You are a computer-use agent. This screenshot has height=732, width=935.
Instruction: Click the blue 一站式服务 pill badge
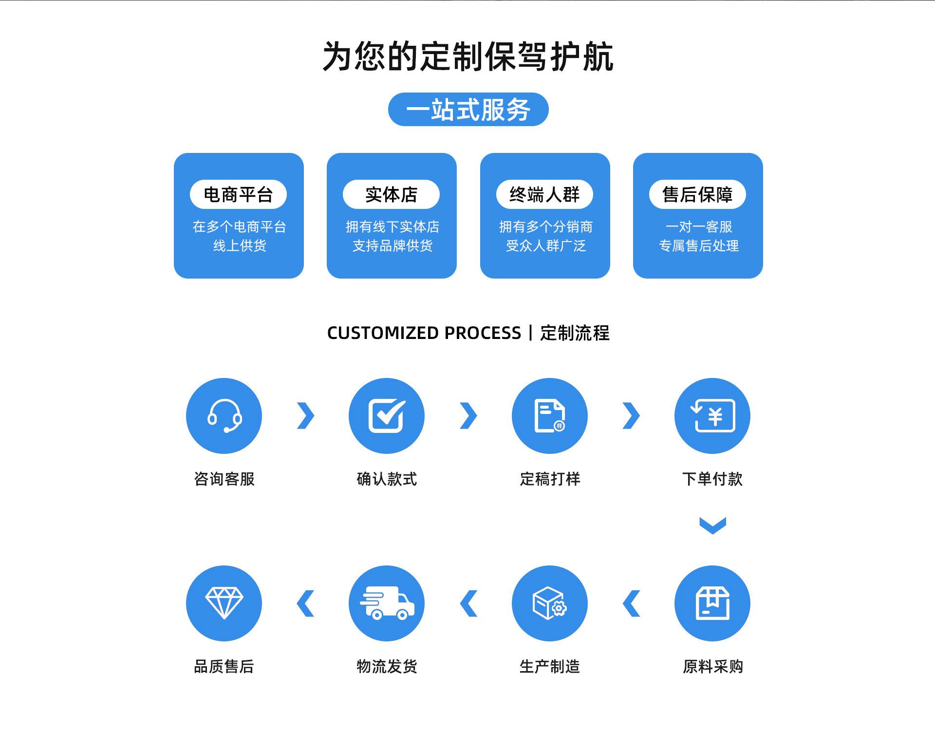(x=468, y=109)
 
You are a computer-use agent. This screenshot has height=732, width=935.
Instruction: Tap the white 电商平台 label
(x=238, y=194)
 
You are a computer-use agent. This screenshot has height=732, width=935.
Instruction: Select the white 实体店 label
(x=391, y=194)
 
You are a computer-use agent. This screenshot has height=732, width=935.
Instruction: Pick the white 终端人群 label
(x=544, y=194)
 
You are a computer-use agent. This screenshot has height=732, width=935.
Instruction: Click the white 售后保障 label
(x=697, y=194)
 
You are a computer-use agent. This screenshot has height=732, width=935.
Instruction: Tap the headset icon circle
(x=224, y=416)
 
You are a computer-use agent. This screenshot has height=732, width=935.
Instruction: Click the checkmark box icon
(x=387, y=416)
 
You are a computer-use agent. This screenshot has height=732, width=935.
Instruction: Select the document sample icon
(x=550, y=416)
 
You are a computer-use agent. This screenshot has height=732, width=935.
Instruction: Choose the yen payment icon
(x=712, y=416)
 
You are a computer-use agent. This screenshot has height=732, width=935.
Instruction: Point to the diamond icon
(x=224, y=603)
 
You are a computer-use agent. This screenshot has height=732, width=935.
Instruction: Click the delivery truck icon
(x=387, y=603)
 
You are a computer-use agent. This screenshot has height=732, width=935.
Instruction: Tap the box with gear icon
(x=550, y=603)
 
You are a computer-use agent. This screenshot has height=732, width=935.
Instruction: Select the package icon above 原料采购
(x=712, y=603)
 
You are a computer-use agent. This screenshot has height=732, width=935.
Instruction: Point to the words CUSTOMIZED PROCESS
(x=424, y=333)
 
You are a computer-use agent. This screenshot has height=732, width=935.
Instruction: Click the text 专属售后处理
(x=698, y=246)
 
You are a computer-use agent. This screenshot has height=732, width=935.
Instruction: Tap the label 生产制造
(x=550, y=666)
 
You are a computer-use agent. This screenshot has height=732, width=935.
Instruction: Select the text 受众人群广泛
(x=545, y=246)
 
